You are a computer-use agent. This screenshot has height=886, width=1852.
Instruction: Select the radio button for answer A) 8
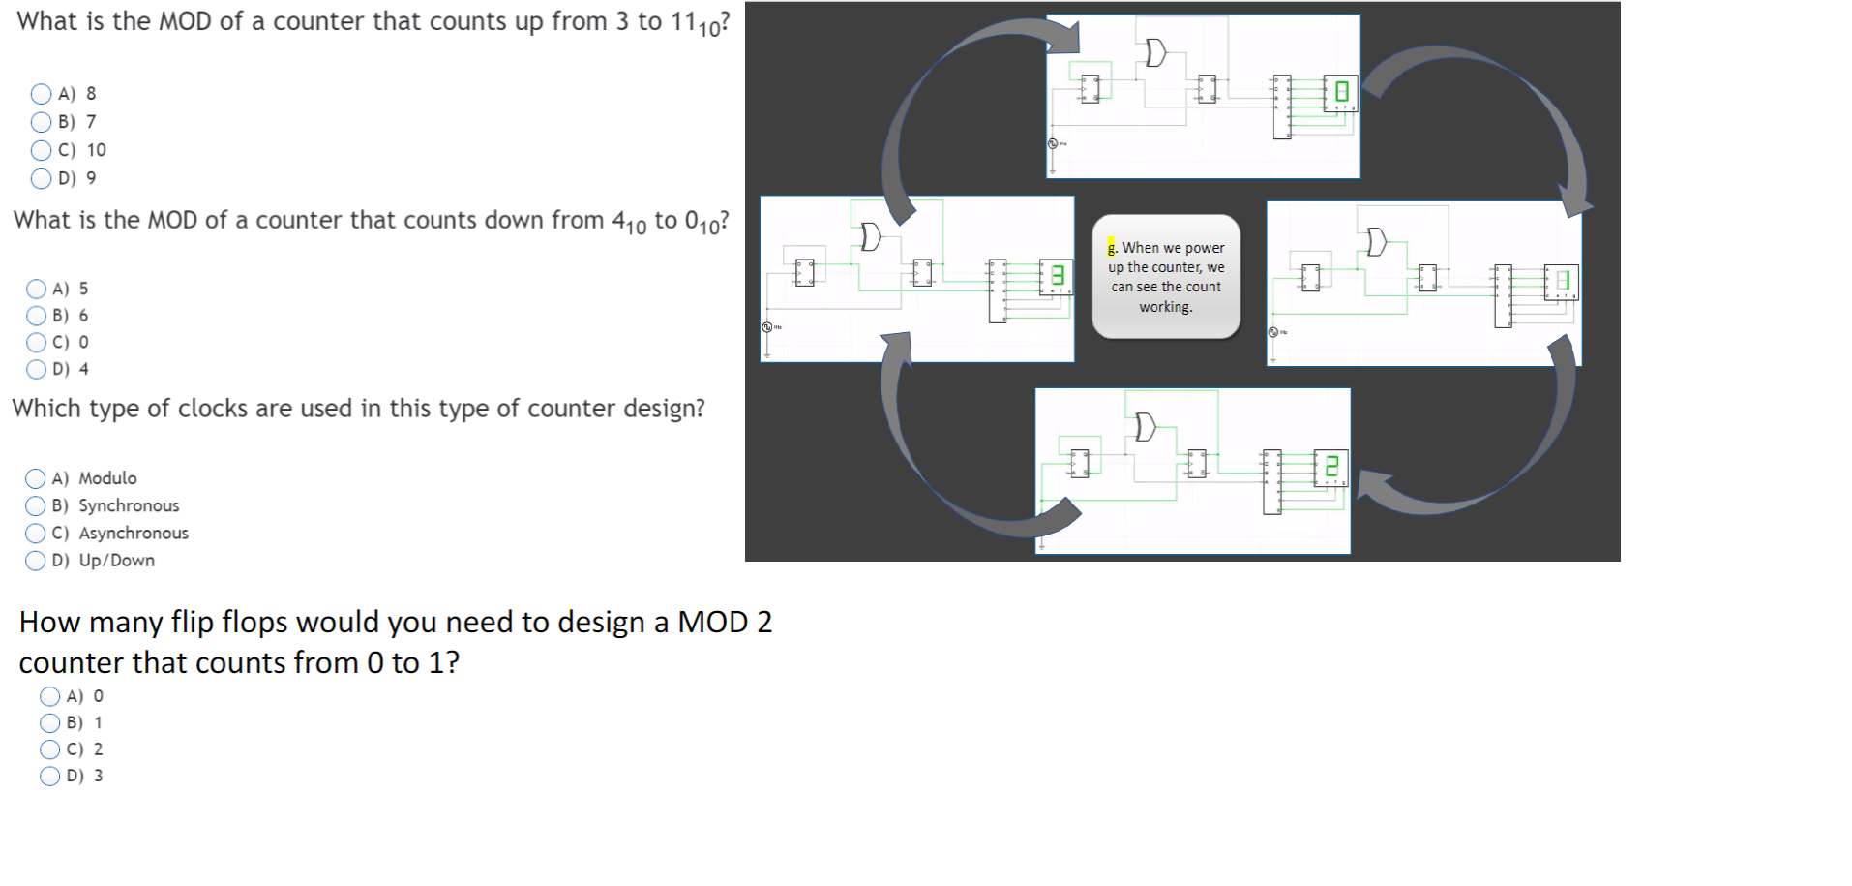(41, 94)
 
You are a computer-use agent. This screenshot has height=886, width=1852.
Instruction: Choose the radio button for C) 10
(41, 150)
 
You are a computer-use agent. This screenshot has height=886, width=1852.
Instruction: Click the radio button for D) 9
(41, 178)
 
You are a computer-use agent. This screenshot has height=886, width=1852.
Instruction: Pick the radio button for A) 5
(37, 289)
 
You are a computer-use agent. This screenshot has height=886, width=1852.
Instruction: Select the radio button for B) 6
(37, 316)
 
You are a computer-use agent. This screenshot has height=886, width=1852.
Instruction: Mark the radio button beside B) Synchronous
(36, 505)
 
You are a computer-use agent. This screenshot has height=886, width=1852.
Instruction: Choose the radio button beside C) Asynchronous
(36, 533)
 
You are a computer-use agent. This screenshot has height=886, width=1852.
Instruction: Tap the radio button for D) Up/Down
(36, 561)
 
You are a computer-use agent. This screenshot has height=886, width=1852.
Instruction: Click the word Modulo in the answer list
(107, 478)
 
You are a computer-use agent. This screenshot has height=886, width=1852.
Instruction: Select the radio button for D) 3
(50, 776)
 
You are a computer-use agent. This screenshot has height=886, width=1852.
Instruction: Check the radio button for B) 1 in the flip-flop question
(50, 722)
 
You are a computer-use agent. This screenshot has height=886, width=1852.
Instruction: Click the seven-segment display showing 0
(1341, 92)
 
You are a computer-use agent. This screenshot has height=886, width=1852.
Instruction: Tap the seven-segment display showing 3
(1057, 275)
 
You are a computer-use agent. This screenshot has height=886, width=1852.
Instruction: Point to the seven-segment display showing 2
(1331, 467)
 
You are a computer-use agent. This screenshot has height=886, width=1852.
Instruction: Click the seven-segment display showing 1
(1561, 282)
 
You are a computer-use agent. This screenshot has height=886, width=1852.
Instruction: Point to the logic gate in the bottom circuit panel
(1145, 426)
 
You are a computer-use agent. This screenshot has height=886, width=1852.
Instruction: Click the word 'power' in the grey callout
(1205, 248)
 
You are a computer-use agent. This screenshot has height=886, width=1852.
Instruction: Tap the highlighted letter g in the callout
(1112, 247)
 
